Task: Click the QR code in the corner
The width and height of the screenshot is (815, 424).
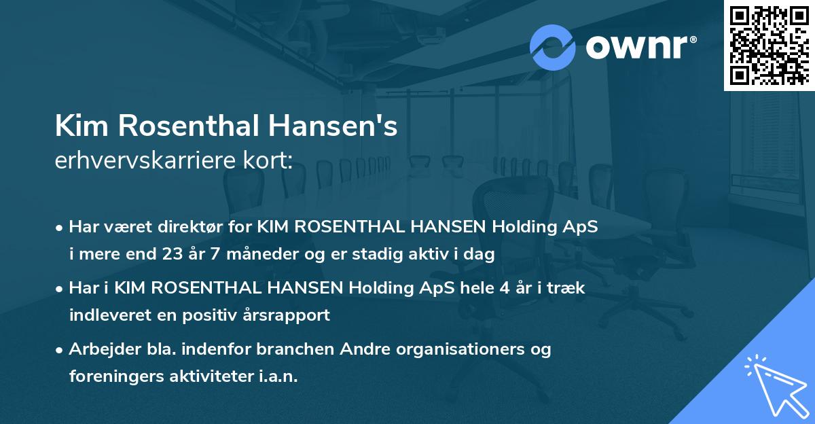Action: (769, 45)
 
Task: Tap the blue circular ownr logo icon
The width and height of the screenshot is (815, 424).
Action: (553, 48)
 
